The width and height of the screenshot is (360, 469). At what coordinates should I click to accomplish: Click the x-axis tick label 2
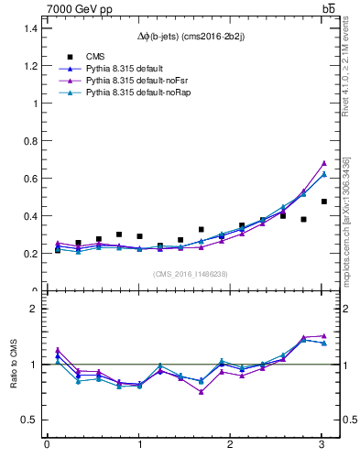point(231,445)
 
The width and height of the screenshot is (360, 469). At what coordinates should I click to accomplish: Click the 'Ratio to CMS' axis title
point(13,364)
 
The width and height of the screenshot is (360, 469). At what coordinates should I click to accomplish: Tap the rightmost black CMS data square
point(324,202)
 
